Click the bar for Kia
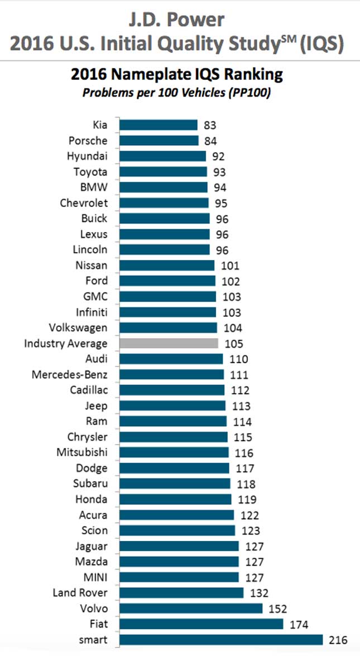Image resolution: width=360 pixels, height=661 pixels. (x=159, y=125)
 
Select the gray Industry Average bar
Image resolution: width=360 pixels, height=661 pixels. (x=169, y=344)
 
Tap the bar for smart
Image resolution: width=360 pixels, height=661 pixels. (x=221, y=640)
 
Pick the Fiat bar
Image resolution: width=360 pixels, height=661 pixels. (x=201, y=624)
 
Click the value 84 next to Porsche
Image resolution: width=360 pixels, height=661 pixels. (x=210, y=141)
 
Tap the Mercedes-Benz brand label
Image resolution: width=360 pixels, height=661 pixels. (x=70, y=374)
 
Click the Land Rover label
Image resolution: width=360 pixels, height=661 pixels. (x=80, y=592)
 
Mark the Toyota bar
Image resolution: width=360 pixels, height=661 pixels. (x=163, y=172)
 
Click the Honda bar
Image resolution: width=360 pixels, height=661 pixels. (x=175, y=499)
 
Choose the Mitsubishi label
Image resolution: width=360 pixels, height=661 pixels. (x=82, y=452)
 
